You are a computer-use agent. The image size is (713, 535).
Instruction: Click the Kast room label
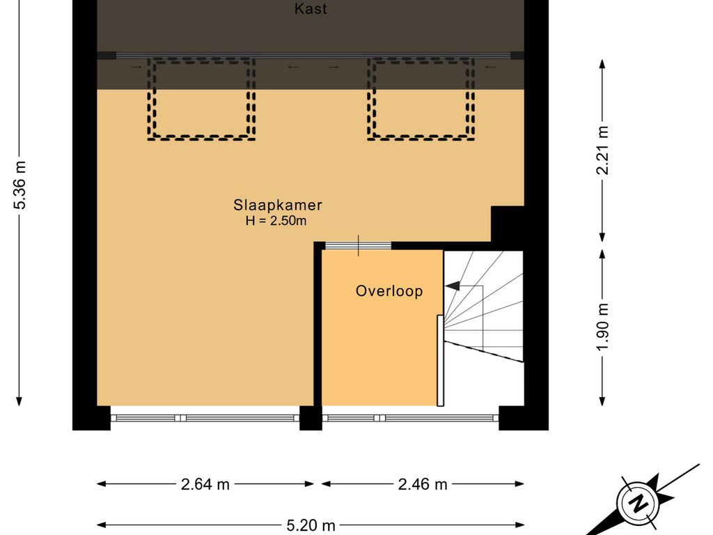pyautogui.click(x=310, y=8)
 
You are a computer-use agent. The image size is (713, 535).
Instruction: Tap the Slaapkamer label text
pyautogui.click(x=277, y=206)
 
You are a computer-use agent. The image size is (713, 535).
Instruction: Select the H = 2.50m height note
pyautogui.click(x=276, y=221)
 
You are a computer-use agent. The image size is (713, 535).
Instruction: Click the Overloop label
pyautogui.click(x=389, y=290)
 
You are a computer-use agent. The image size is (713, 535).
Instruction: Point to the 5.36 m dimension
pyautogui.click(x=19, y=184)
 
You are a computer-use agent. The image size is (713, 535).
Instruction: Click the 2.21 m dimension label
pyautogui.click(x=602, y=150)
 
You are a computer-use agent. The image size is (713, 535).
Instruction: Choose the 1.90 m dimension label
pyautogui.click(x=602, y=327)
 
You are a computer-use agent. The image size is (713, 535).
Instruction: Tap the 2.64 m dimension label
pyautogui.click(x=205, y=485)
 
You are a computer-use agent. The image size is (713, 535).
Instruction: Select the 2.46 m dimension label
pyautogui.click(x=423, y=485)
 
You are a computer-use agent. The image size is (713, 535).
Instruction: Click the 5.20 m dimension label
pyautogui.click(x=311, y=526)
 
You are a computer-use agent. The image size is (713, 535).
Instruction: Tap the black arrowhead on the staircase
pyautogui.click(x=453, y=286)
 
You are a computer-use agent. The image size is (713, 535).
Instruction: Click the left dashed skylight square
pyautogui.click(x=201, y=99)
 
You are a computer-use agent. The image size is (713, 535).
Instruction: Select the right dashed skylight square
pyautogui.click(x=421, y=99)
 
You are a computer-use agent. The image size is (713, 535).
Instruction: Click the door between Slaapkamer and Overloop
pyautogui.click(x=359, y=246)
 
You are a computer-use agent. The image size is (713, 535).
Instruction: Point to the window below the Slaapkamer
pyautogui.click(x=205, y=418)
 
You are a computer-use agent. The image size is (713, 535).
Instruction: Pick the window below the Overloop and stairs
pyautogui.click(x=411, y=418)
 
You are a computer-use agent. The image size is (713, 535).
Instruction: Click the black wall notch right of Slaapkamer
pyautogui.click(x=508, y=224)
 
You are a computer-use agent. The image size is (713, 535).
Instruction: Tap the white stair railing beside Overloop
pyautogui.click(x=440, y=360)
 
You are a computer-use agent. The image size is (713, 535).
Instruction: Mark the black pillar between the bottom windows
pyautogui.click(x=311, y=418)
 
